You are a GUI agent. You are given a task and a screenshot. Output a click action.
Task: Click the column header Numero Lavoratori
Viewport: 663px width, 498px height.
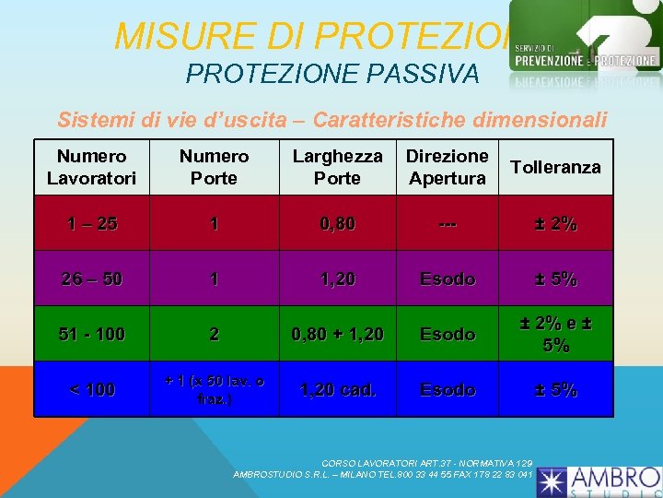[x=91, y=167]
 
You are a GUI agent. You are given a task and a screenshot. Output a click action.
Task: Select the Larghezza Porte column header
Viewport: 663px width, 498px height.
[x=337, y=167]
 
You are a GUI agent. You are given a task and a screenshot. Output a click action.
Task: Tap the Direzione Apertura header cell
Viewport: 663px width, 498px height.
[x=447, y=167]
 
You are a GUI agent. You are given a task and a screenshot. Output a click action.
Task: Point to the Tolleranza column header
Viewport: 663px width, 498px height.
[x=555, y=167]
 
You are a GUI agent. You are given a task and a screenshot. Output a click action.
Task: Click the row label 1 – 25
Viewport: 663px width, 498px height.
[x=91, y=223]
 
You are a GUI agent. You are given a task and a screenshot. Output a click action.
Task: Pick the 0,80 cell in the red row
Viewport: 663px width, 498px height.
[x=337, y=223]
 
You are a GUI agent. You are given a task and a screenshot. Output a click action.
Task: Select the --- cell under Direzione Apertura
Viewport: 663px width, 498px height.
[x=447, y=223]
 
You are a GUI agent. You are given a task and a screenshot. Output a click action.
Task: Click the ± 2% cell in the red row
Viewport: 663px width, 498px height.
[x=555, y=223]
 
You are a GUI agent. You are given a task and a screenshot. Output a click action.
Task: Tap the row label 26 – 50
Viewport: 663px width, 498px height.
[x=91, y=279]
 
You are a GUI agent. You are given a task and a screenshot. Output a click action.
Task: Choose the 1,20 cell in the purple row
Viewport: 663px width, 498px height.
[x=337, y=279]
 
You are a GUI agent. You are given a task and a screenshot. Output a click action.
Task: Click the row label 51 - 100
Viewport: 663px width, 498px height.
[x=91, y=334]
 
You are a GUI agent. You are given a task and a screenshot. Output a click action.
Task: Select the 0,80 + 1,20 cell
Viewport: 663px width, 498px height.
[x=337, y=334]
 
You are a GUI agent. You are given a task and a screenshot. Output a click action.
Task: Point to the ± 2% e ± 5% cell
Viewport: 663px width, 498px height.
[x=555, y=334]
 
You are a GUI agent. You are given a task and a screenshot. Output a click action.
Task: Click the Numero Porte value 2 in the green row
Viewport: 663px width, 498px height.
[x=214, y=334]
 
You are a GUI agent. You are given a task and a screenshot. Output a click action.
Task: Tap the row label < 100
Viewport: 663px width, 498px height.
[x=91, y=389]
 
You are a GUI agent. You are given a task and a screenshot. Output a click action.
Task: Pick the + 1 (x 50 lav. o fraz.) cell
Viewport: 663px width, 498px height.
[x=214, y=389]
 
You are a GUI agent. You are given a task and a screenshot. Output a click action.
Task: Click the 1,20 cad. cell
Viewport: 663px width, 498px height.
[x=337, y=389]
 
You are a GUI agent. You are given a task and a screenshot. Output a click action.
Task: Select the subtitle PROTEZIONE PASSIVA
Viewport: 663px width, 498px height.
[x=332, y=74]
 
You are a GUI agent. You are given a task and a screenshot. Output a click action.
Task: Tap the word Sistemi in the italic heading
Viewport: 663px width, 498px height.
[x=89, y=120]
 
